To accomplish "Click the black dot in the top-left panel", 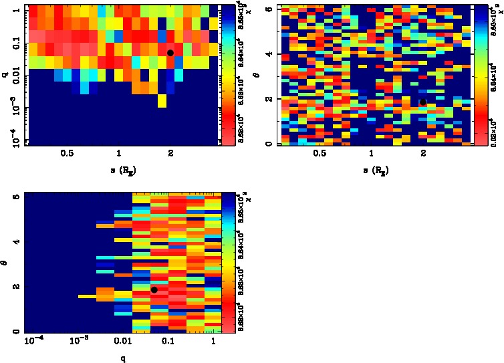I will point(170,53).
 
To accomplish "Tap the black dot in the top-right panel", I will point(423,102).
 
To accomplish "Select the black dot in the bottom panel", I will point(154,289).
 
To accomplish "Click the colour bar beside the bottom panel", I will point(229,263).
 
